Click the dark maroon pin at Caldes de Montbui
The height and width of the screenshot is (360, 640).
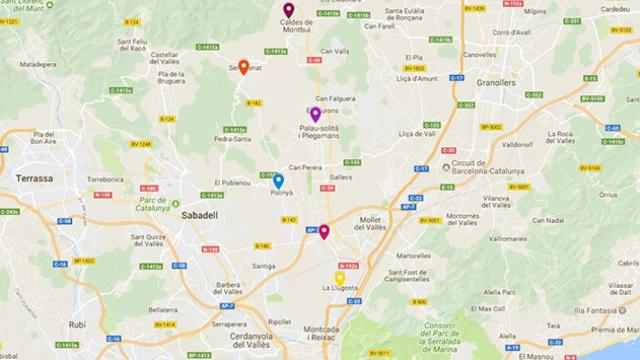[x=288, y=10]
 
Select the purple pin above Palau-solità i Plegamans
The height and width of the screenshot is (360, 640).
[x=316, y=114]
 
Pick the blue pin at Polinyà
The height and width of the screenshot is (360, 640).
[x=278, y=181]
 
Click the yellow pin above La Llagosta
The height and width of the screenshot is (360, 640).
[x=340, y=278]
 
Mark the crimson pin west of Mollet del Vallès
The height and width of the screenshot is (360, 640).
[x=324, y=231]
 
